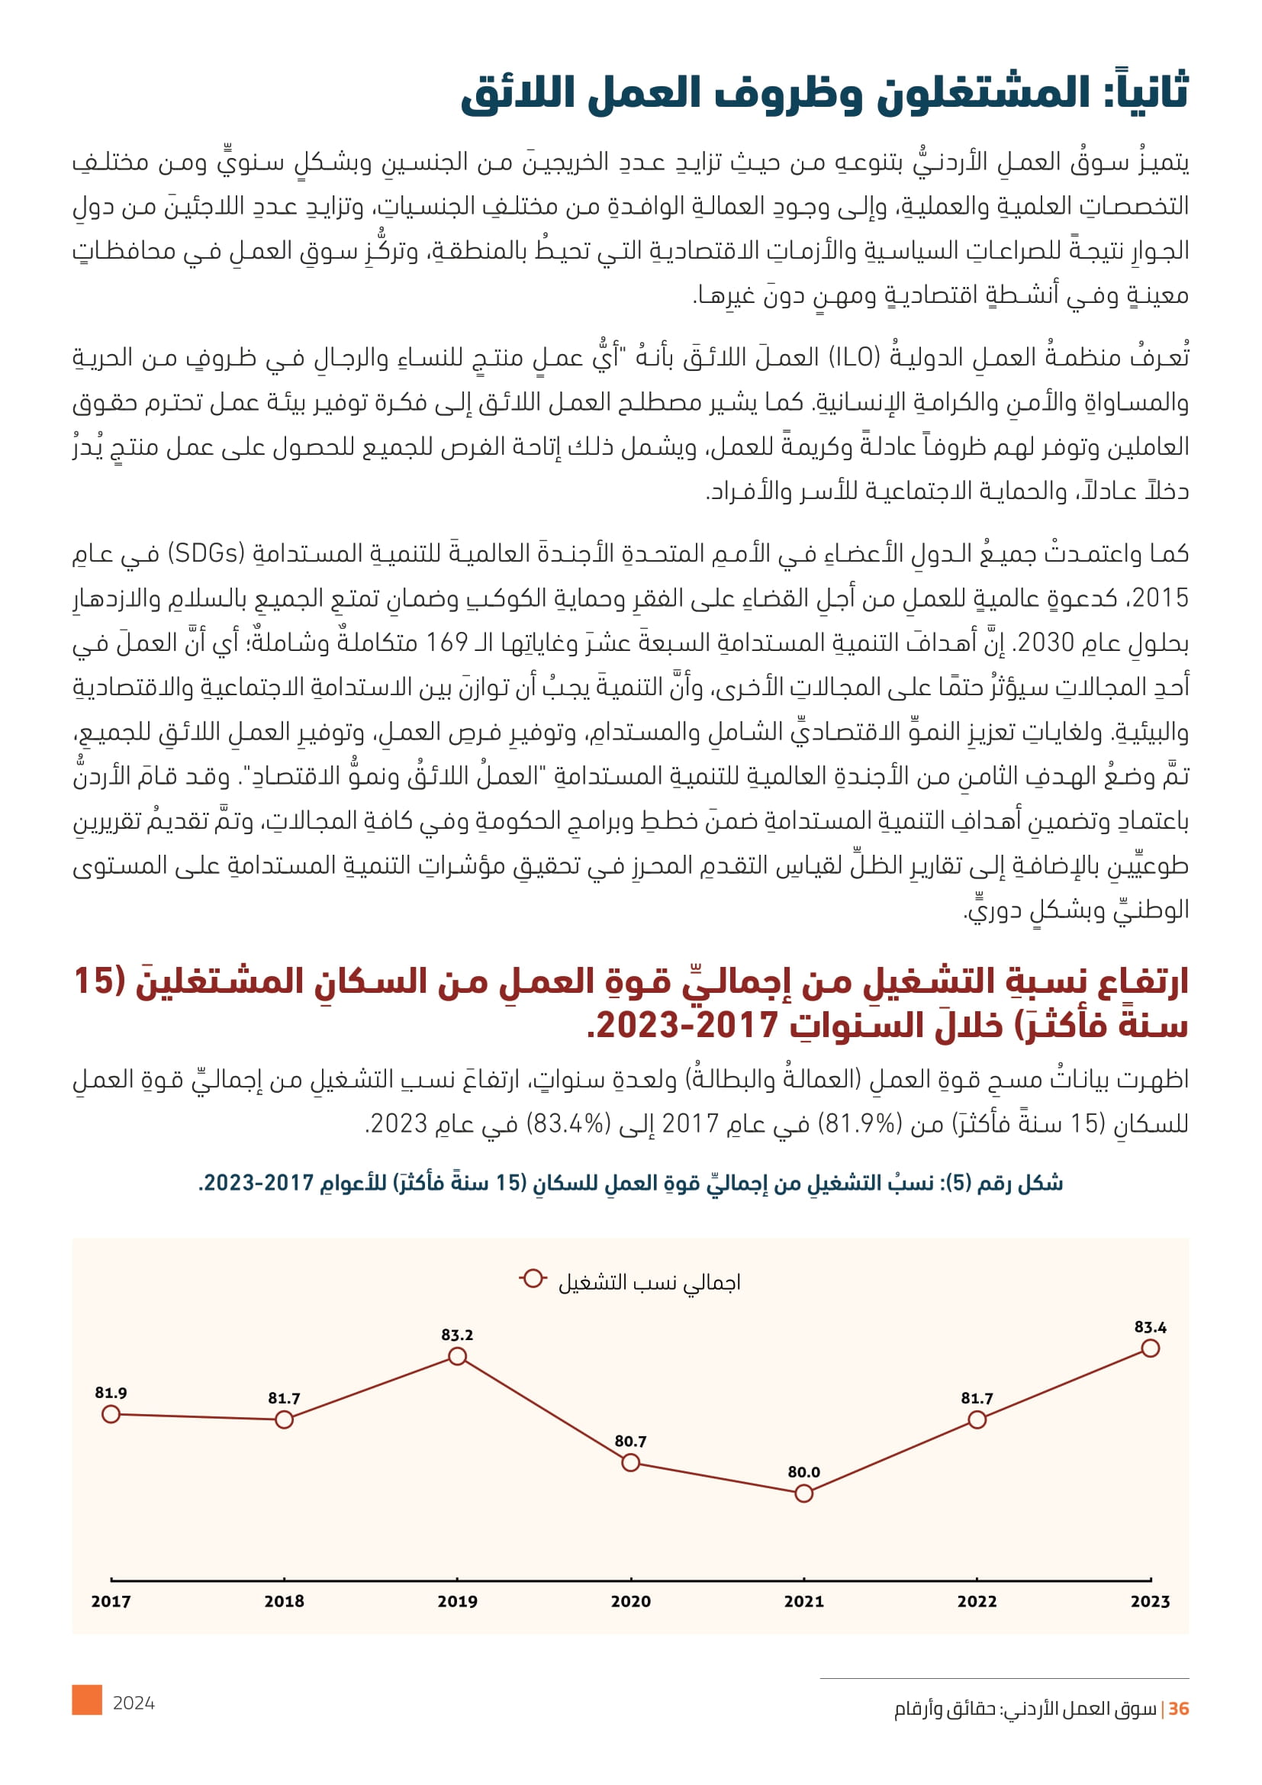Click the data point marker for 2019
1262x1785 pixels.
[458, 1357]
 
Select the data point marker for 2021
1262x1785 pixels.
[804, 1493]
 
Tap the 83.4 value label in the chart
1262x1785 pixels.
[1150, 1327]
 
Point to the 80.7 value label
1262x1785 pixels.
[630, 1442]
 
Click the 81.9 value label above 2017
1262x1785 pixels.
[111, 1394]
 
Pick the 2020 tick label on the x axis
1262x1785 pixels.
[630, 1602]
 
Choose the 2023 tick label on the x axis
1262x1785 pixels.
[1150, 1602]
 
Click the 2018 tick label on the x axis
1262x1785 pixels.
[285, 1602]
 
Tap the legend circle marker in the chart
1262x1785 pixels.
[533, 1279]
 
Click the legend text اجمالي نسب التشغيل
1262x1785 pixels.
[649, 1283]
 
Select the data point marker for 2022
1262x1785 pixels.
[977, 1419]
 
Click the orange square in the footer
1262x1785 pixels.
[87, 1700]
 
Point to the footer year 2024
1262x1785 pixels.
[134, 1703]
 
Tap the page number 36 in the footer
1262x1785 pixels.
[1178, 1709]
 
